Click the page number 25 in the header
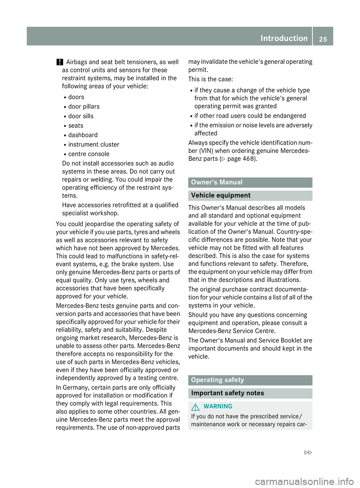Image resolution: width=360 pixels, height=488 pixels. click(323, 39)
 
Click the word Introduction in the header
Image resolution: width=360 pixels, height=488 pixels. click(284, 38)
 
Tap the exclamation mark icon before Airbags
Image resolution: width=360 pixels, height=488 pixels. click(60, 62)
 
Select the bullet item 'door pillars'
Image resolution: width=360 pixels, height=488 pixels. click(84, 107)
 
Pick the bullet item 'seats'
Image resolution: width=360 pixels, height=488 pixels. click(76, 126)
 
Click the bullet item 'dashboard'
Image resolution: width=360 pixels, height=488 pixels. click(83, 135)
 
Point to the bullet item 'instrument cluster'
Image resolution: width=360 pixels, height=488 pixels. click(94, 145)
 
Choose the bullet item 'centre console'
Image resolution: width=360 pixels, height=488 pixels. click(89, 154)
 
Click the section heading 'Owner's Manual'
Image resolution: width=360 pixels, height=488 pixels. click(217, 183)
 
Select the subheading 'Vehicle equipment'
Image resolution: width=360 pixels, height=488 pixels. click(221, 196)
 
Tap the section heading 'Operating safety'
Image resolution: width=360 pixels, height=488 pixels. click(217, 380)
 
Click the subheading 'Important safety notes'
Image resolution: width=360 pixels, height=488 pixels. click(228, 393)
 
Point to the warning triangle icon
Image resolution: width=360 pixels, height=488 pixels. click(195, 407)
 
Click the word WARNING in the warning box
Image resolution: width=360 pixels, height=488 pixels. click(218, 407)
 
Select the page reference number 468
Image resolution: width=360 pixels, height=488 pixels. click(249, 159)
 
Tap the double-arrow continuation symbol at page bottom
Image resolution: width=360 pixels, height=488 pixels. click(308, 453)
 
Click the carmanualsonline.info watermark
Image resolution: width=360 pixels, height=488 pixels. click(304, 482)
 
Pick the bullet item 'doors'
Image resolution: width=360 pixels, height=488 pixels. click(76, 97)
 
